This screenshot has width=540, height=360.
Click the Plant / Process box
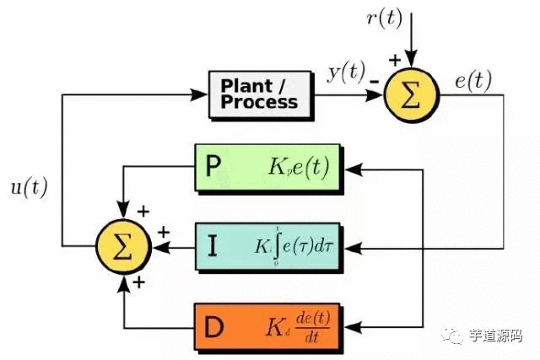point(258,94)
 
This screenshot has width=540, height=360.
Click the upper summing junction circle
point(409,94)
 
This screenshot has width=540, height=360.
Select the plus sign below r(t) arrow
point(393,61)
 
